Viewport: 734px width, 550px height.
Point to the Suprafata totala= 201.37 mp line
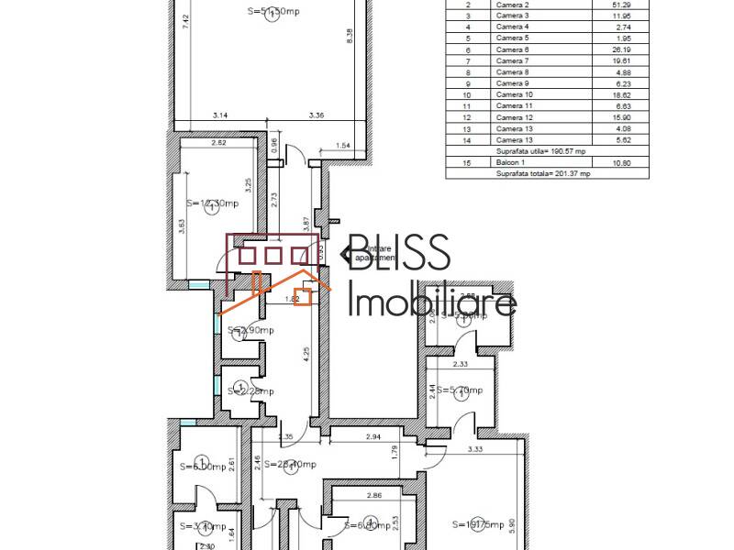(x=543, y=172)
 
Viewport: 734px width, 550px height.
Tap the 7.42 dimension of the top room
(x=185, y=23)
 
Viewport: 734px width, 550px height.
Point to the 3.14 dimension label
(x=220, y=115)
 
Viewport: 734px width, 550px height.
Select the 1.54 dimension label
(x=344, y=146)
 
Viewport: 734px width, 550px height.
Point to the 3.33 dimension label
(x=475, y=449)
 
